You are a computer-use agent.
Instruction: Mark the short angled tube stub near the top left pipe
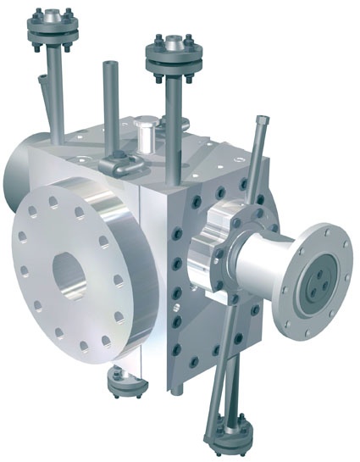click(43, 84)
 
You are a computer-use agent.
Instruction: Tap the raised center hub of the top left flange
click(53, 17)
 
